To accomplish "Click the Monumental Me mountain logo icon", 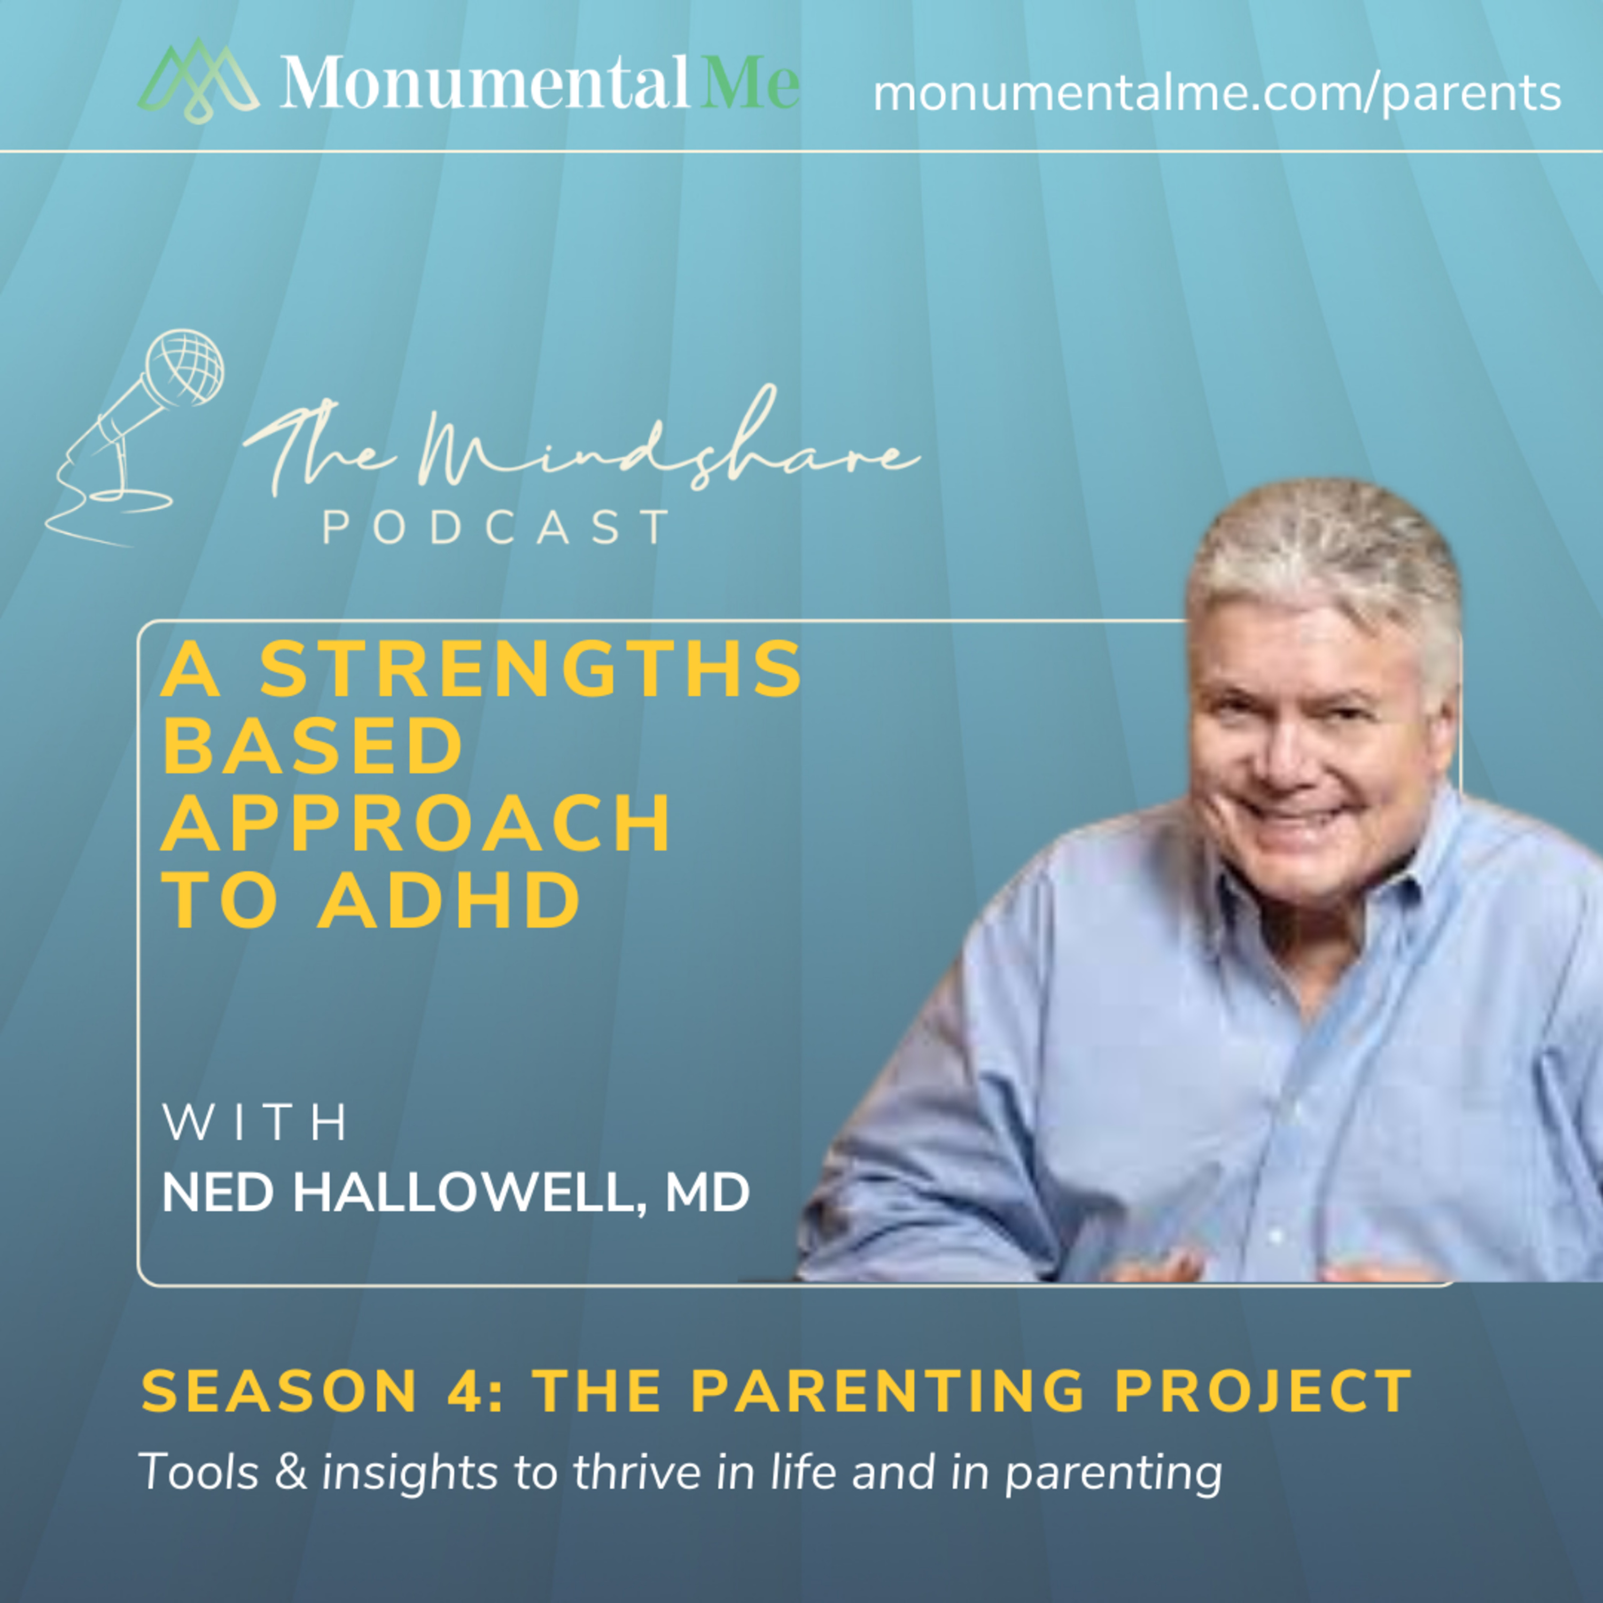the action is (x=198, y=81).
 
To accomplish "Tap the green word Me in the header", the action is (x=749, y=81).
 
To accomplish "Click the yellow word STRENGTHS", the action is (x=531, y=670).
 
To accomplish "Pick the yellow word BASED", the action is (x=313, y=747).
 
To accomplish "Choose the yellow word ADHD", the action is (x=449, y=900).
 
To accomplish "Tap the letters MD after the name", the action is (x=708, y=1193).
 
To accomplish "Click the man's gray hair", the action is (x=1326, y=564).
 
